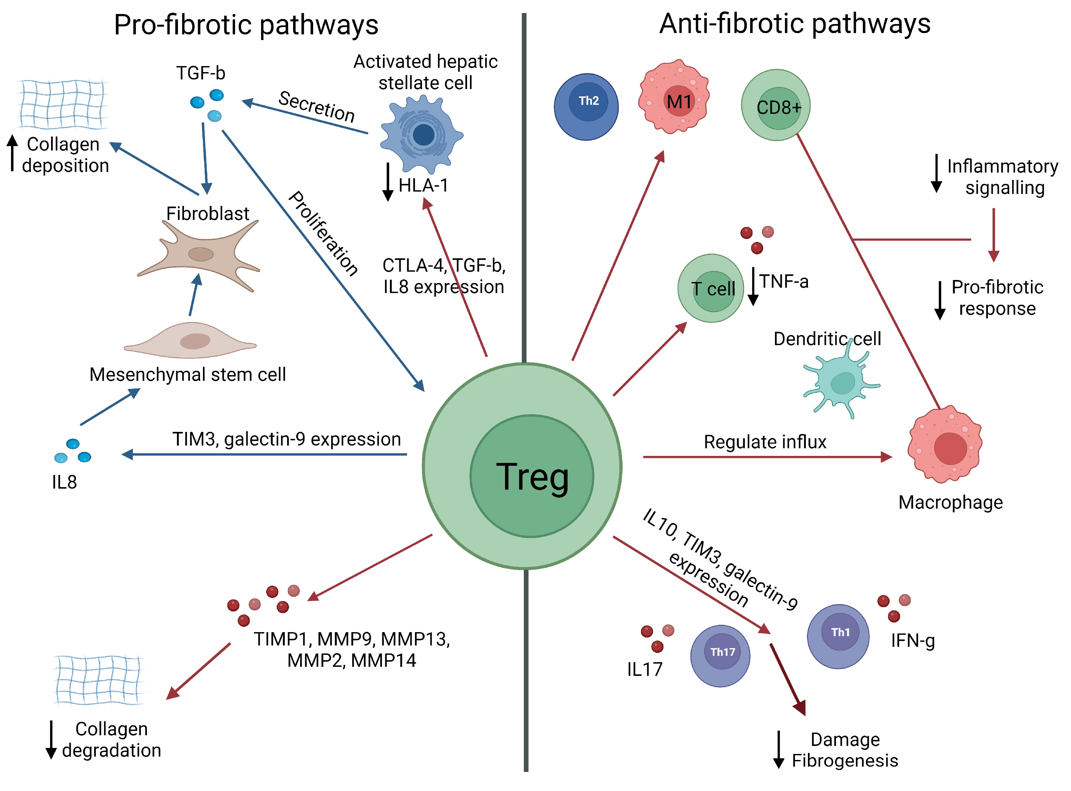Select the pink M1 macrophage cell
tap(674, 97)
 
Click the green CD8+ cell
tap(776, 105)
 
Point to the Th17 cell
tap(720, 656)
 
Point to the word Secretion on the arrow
tap(316, 106)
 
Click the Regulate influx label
tap(765, 442)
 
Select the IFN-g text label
tap(912, 641)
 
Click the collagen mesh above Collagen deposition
tap(63, 104)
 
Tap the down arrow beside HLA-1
tap(388, 182)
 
